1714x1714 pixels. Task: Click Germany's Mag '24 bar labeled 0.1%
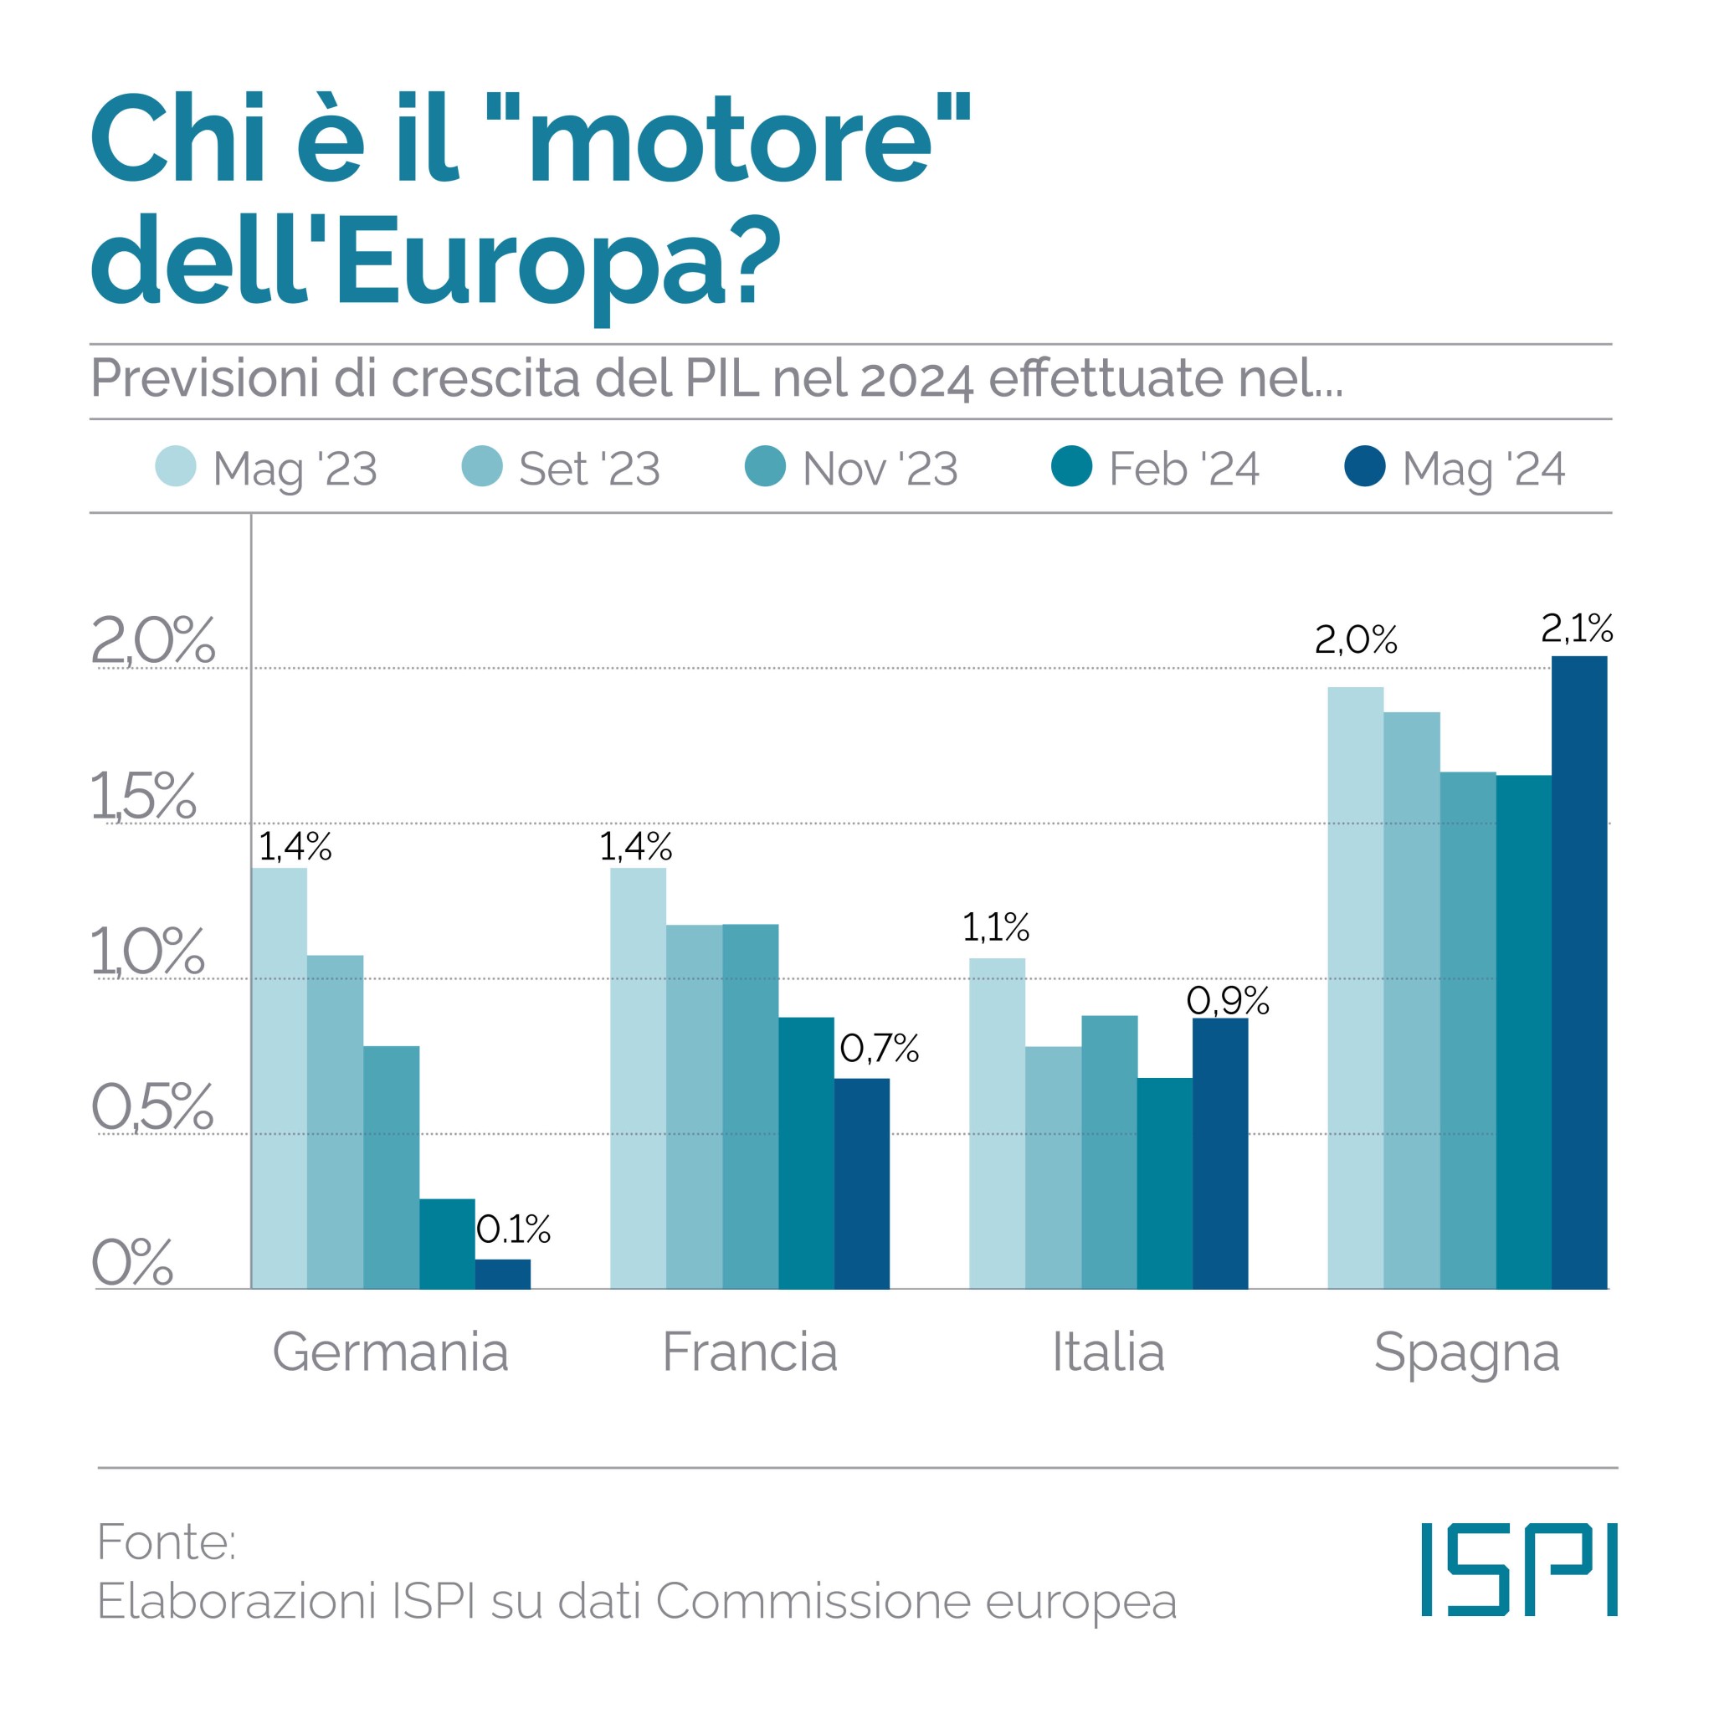click(x=502, y=1274)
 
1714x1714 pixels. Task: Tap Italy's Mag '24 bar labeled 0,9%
click(x=1220, y=1153)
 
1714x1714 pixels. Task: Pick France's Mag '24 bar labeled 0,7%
click(x=861, y=1183)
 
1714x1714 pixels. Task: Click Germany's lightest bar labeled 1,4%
click(x=279, y=1078)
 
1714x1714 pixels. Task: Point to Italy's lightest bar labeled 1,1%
click(x=996, y=1123)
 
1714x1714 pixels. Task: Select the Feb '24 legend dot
click(x=1072, y=467)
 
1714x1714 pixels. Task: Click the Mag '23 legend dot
click(x=176, y=467)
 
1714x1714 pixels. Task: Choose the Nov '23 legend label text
click(x=880, y=469)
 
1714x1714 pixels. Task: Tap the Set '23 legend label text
click(x=589, y=469)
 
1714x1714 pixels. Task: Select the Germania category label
click(x=390, y=1352)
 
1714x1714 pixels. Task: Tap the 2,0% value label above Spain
click(x=1355, y=639)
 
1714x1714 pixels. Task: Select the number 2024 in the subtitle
click(x=916, y=379)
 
